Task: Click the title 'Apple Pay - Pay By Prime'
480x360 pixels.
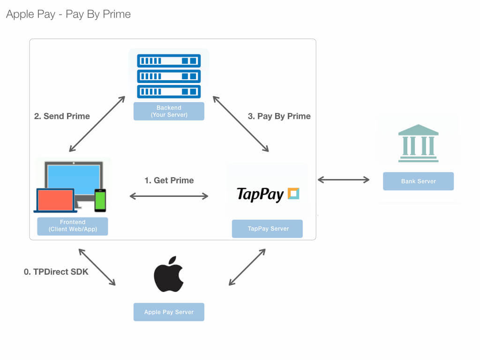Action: [68, 15]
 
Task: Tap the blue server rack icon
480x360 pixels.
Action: [169, 76]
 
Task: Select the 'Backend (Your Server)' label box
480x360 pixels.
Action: [169, 111]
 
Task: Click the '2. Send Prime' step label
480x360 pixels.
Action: [62, 116]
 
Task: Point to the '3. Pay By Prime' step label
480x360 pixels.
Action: [279, 116]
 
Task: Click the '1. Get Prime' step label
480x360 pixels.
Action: [169, 180]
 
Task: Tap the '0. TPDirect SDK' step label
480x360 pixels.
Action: [56, 272]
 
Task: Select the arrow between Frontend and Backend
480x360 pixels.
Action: [97, 124]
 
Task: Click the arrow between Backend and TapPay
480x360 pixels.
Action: [240, 124]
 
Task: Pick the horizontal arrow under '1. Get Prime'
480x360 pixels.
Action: [169, 196]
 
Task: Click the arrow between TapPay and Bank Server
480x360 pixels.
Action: [344, 180]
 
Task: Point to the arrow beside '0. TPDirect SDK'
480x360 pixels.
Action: [97, 267]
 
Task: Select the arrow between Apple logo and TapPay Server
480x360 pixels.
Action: [247, 267]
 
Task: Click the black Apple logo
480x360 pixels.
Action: [169, 274]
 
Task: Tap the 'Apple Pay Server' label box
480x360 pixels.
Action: [169, 312]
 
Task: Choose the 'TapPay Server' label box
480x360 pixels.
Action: [267, 229]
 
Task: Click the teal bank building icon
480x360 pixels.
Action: [419, 143]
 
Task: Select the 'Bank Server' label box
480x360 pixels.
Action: [419, 181]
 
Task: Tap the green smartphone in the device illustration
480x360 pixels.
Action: [100, 201]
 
